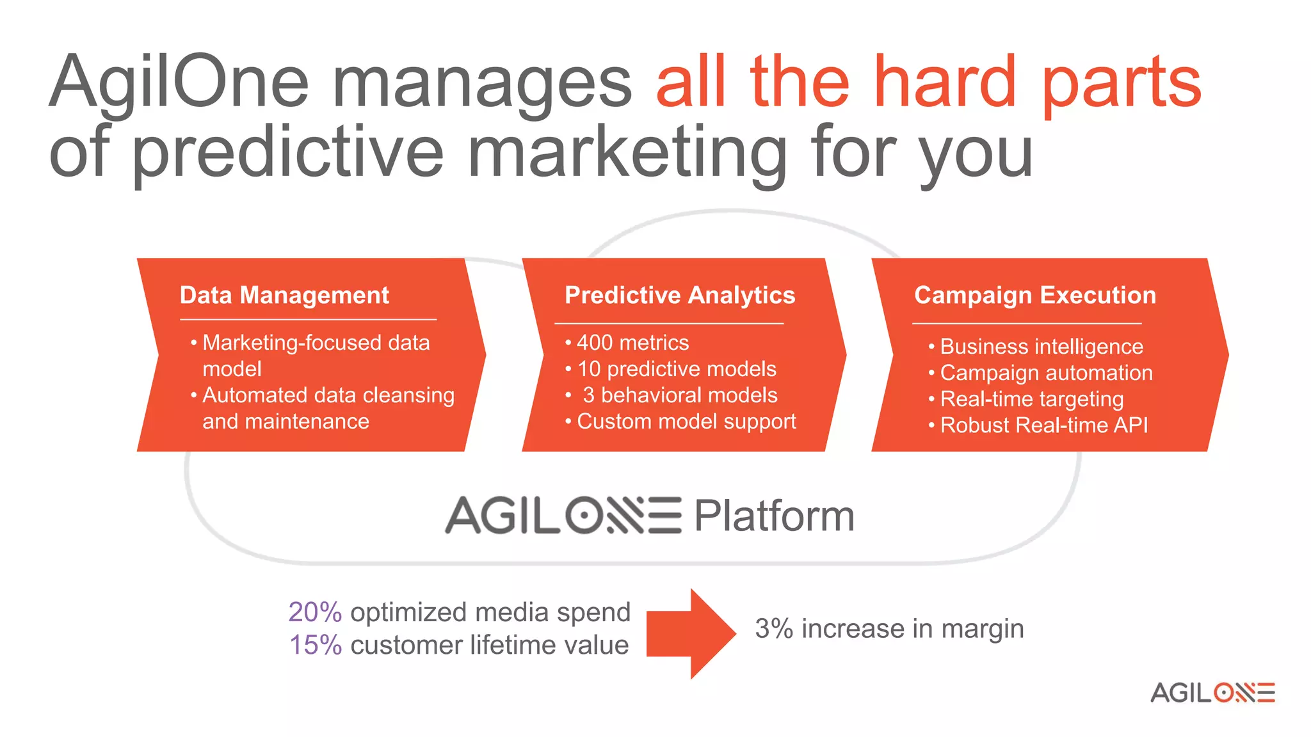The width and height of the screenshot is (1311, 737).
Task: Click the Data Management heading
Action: pos(284,296)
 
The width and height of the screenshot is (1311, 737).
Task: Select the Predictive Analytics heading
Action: pos(679,296)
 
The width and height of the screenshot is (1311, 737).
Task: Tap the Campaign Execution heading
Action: pos(1034,296)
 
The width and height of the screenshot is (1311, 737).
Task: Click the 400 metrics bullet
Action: pos(632,343)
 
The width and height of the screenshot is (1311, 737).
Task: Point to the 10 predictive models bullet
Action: pos(676,369)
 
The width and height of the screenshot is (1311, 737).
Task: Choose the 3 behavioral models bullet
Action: pos(679,395)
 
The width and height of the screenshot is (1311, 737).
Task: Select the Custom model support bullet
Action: pos(686,422)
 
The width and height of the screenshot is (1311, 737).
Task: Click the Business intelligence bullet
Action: pos(1041,347)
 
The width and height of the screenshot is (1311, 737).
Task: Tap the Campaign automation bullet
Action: pos(1045,373)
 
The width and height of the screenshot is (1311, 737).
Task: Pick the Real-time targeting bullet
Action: pos(1031,399)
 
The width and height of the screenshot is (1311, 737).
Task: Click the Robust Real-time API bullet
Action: pos(1043,425)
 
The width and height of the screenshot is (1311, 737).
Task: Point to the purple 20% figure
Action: pos(315,612)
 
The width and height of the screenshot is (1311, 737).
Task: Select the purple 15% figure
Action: pos(316,645)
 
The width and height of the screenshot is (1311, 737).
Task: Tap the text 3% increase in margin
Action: pos(889,629)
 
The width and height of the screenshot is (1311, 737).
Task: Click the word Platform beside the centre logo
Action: pos(774,516)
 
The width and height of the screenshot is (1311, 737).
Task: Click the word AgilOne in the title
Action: pos(179,83)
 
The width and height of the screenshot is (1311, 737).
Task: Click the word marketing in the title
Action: pos(627,154)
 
